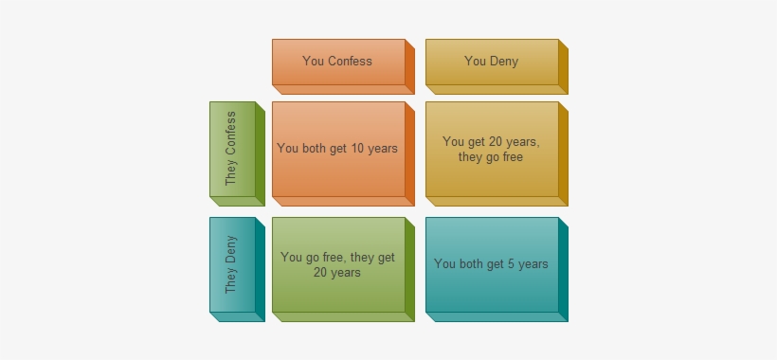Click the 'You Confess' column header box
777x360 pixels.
pyautogui.click(x=338, y=62)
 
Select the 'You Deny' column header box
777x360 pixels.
pyautogui.click(x=491, y=62)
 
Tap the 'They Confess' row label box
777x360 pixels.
pyautogui.click(x=232, y=149)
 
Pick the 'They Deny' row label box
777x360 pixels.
pyautogui.click(x=232, y=264)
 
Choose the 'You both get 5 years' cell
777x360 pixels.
pyautogui.click(x=491, y=264)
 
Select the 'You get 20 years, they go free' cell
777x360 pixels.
pyautogui.click(x=491, y=149)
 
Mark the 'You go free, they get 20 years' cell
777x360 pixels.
pyautogui.click(x=338, y=264)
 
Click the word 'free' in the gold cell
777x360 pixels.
pyautogui.click(x=512, y=157)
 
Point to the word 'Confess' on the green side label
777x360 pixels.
pyautogui.click(x=231, y=135)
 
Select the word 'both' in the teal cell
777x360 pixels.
pyautogui.click(x=471, y=264)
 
